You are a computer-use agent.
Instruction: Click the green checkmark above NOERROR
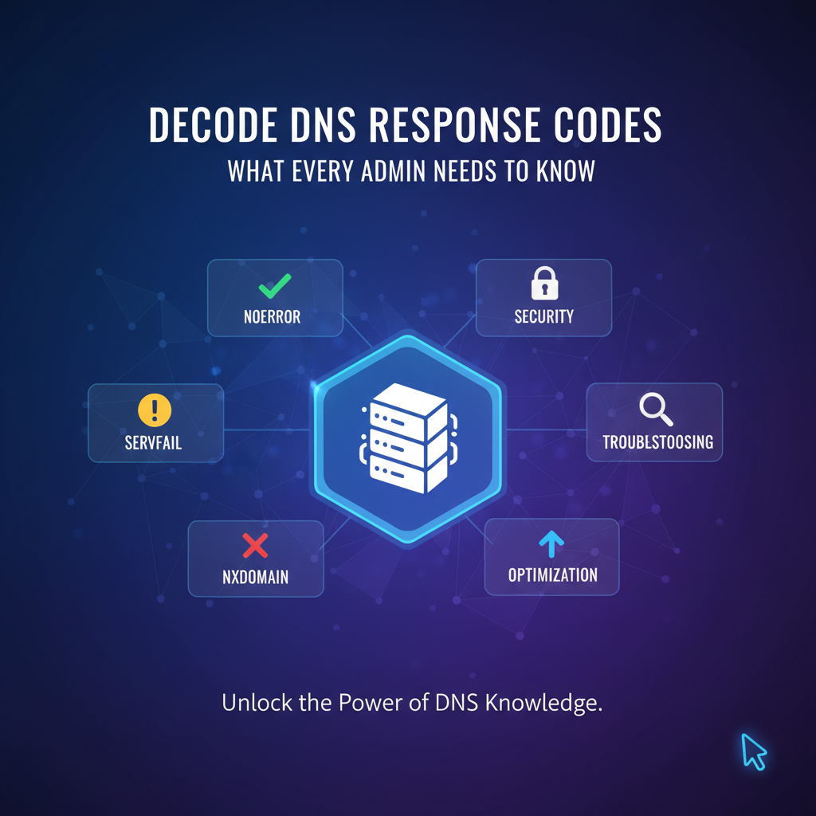tap(275, 284)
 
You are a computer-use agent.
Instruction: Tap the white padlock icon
tap(544, 283)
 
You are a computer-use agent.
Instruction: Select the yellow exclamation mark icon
tap(155, 410)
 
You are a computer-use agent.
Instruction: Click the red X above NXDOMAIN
tap(255, 546)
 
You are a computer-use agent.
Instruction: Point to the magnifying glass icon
tap(656, 410)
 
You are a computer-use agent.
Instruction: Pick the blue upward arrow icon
tap(551, 544)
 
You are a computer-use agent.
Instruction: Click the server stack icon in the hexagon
tap(407, 438)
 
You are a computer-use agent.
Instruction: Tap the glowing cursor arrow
tap(753, 751)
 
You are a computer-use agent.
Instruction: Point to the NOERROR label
tap(273, 317)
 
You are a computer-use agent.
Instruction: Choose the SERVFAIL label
tap(154, 441)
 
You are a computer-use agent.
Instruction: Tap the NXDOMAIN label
tap(256, 575)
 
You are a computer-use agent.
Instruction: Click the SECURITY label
tap(544, 316)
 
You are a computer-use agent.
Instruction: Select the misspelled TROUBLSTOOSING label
tap(657, 441)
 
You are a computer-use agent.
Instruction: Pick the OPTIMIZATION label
tap(552, 575)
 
